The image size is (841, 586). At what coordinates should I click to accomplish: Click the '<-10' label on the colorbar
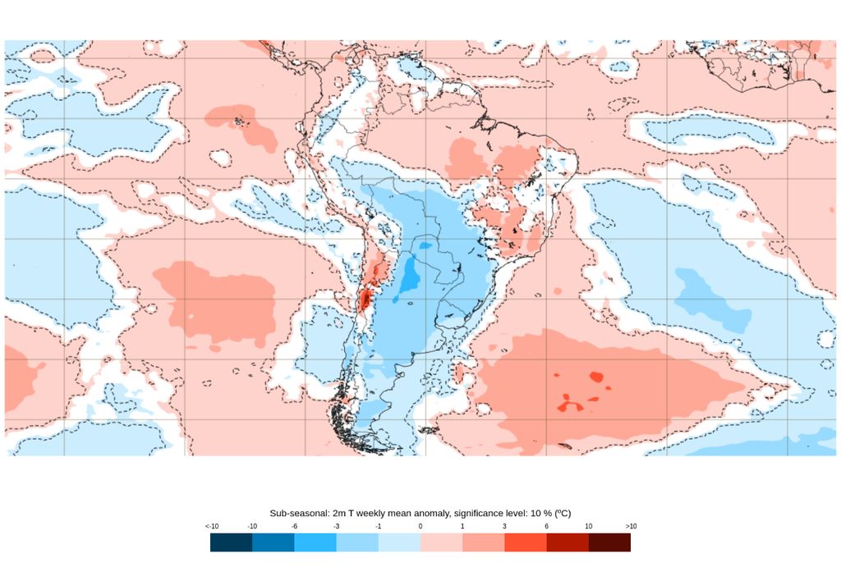pyautogui.click(x=212, y=526)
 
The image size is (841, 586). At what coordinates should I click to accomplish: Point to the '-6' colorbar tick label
pyautogui.click(x=294, y=526)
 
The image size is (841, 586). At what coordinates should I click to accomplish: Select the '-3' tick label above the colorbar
pyautogui.click(x=337, y=526)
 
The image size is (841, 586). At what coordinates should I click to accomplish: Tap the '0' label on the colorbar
pyautogui.click(x=420, y=526)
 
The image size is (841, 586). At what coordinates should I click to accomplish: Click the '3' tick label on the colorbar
pyautogui.click(x=504, y=526)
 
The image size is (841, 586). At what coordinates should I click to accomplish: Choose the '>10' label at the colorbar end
pyautogui.click(x=630, y=526)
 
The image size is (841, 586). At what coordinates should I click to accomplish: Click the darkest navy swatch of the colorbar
pyautogui.click(x=231, y=543)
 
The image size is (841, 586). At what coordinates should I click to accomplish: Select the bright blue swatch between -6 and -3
pyautogui.click(x=315, y=543)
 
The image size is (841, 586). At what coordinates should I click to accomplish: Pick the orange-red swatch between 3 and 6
pyautogui.click(x=526, y=543)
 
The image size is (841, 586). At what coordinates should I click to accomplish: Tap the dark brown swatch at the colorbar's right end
pyautogui.click(x=609, y=543)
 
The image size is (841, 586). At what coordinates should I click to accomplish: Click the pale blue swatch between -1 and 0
pyautogui.click(x=399, y=543)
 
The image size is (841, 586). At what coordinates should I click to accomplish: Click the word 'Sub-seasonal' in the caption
pyautogui.click(x=298, y=512)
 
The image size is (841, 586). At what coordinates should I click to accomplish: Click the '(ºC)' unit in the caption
pyautogui.click(x=562, y=512)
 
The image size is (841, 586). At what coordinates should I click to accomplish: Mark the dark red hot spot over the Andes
pyautogui.click(x=362, y=300)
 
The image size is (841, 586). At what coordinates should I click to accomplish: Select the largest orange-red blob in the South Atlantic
pyautogui.click(x=565, y=405)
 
